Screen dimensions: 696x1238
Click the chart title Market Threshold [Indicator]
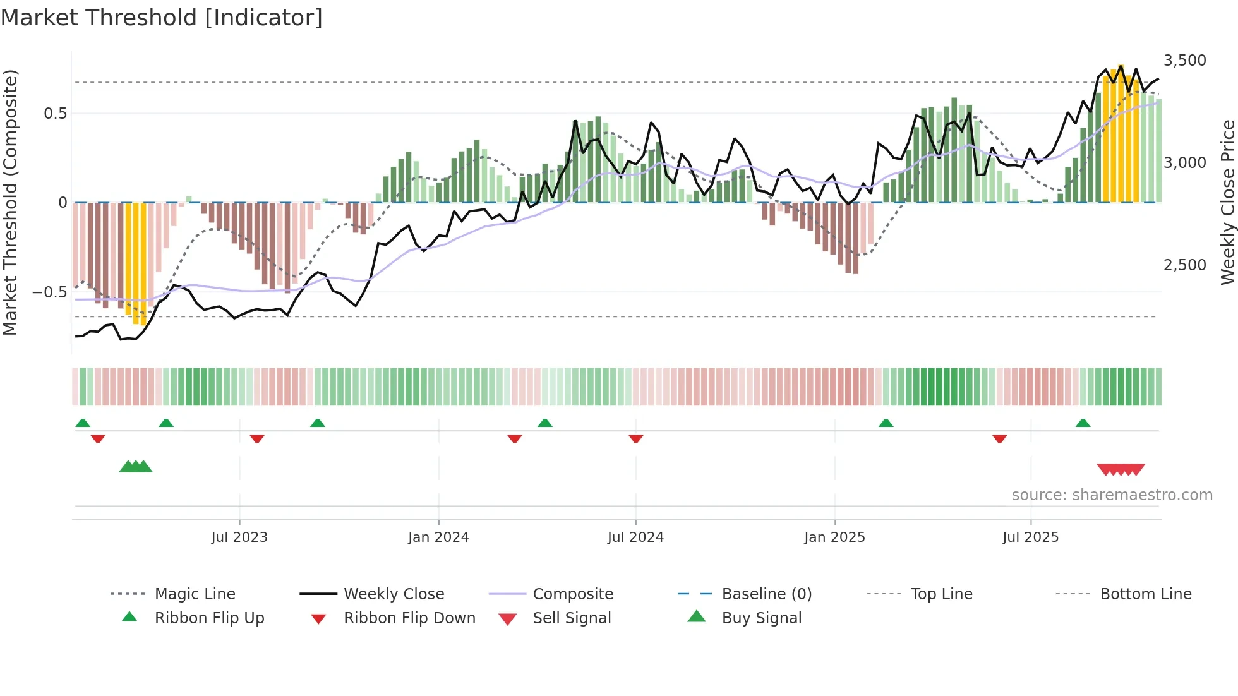[x=162, y=18]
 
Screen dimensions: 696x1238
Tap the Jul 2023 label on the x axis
[x=239, y=537]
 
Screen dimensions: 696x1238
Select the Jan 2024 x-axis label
[x=438, y=537]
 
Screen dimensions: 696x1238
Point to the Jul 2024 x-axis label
[x=635, y=537]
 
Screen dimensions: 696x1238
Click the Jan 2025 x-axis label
[x=834, y=537]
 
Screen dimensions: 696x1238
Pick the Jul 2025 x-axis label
[x=1030, y=537]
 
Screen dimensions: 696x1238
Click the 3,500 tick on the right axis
[x=1184, y=61]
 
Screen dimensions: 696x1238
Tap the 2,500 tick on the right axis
[x=1184, y=265]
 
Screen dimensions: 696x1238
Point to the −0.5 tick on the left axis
[x=49, y=292]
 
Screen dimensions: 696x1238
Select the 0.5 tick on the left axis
[x=55, y=114]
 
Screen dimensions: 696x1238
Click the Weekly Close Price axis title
[x=1227, y=202]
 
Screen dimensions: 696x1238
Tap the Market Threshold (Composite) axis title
[x=10, y=202]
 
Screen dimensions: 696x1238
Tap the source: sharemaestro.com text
[x=1112, y=495]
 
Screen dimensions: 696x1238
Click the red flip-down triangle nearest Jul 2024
[x=636, y=438]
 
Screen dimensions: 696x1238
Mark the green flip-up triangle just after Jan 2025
[x=886, y=423]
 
